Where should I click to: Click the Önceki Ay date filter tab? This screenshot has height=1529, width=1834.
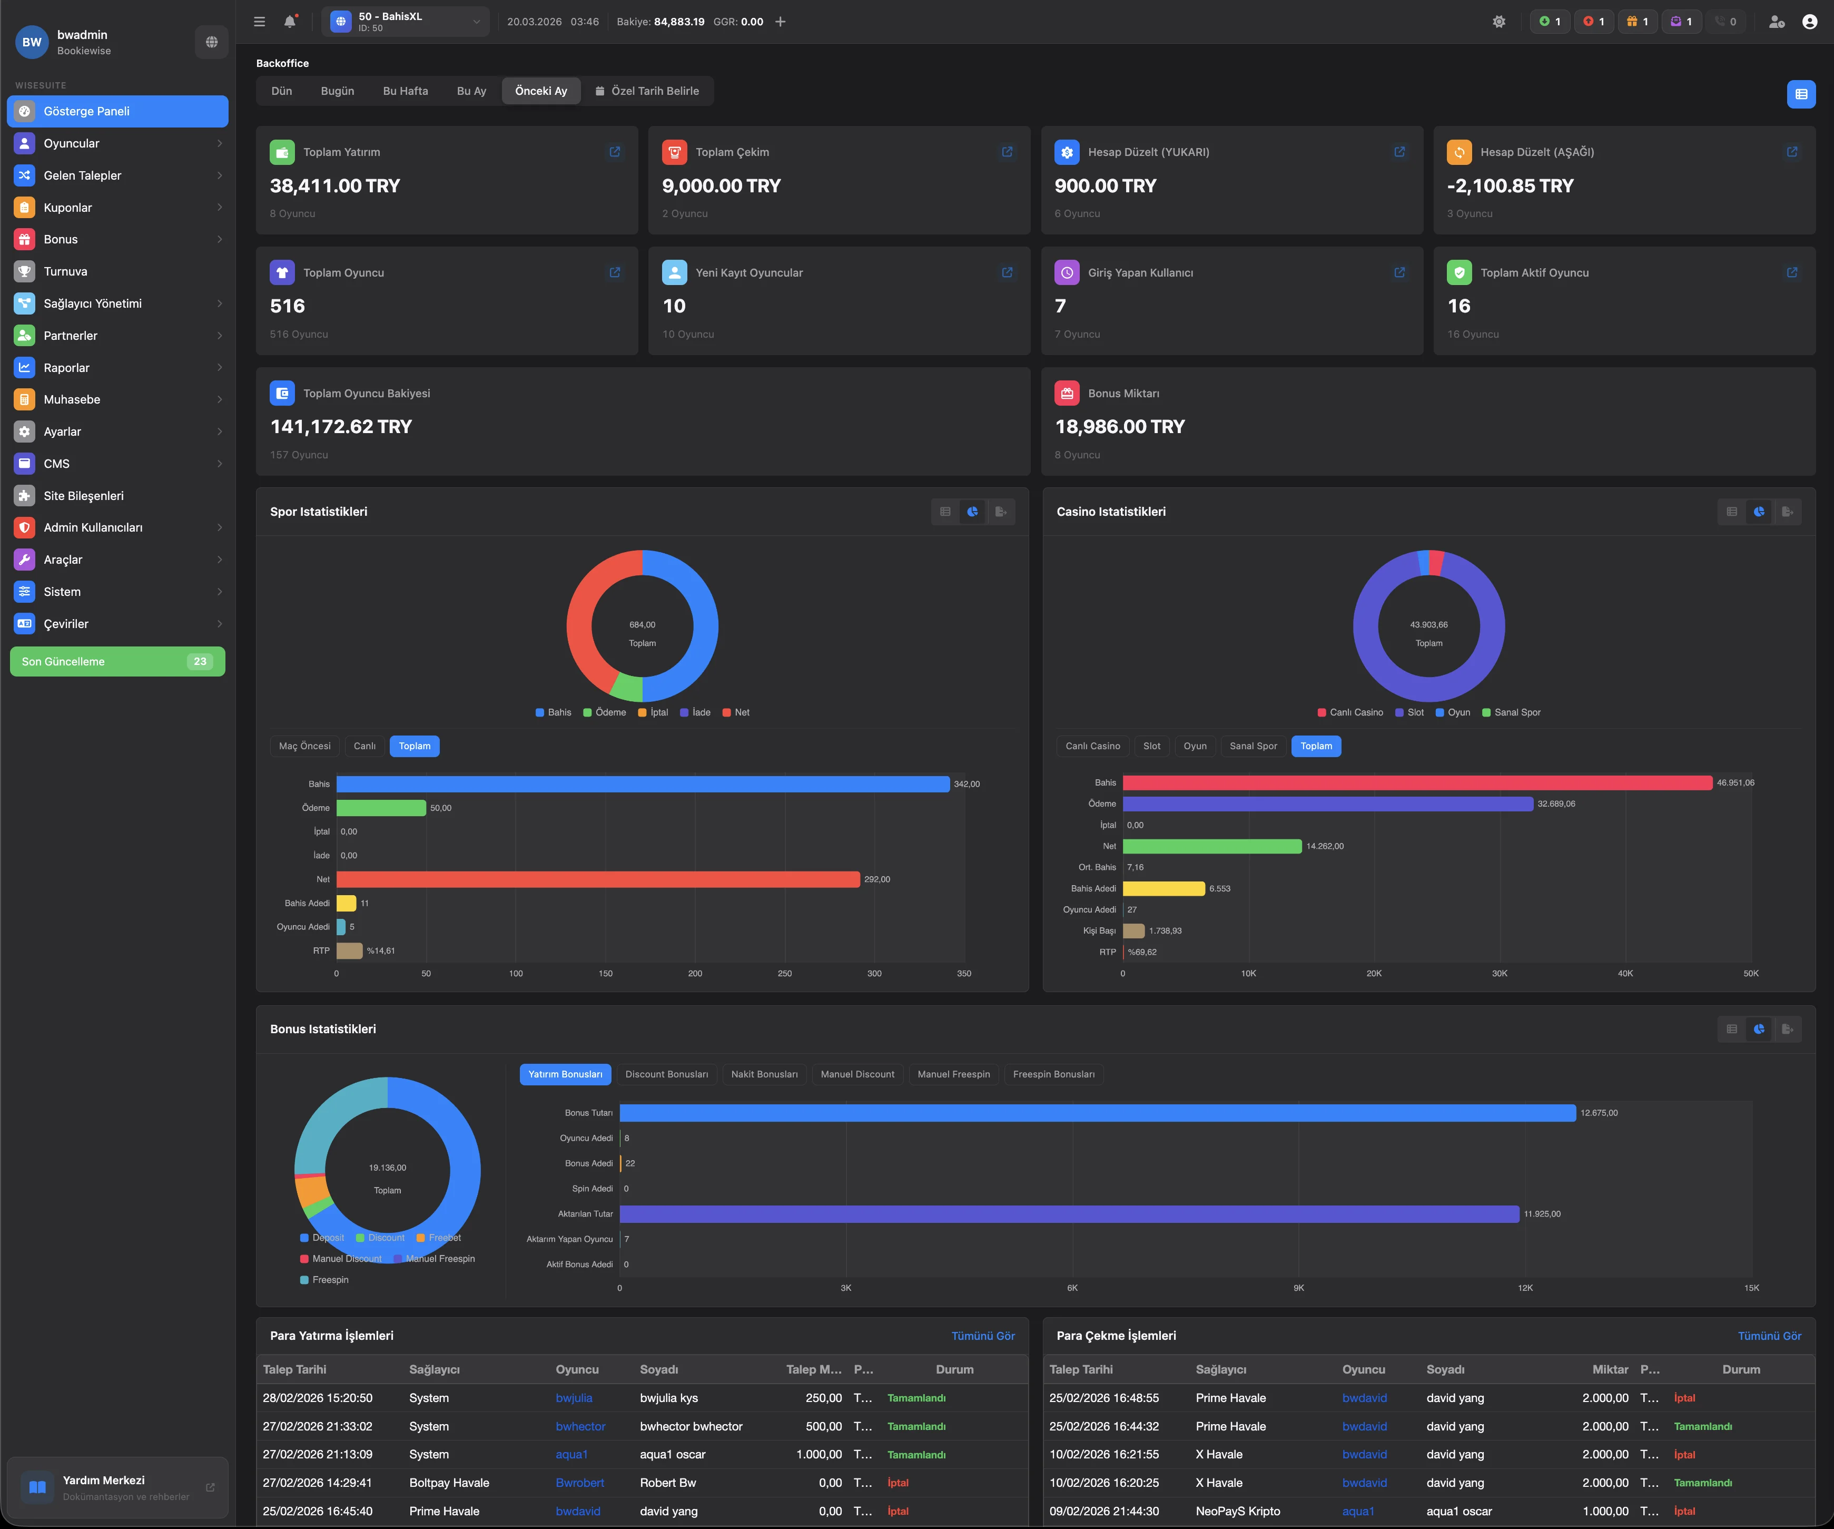[540, 91]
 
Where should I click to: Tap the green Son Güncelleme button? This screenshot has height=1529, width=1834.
[117, 661]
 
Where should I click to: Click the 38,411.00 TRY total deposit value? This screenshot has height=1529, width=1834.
[334, 186]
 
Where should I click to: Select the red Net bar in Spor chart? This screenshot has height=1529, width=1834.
[597, 879]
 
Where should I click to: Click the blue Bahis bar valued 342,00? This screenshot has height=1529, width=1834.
[642, 783]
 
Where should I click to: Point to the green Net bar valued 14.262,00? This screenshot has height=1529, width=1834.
[1211, 846]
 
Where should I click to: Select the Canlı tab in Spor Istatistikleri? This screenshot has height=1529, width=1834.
[364, 746]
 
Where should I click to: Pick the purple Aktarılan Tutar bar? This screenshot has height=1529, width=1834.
[1069, 1213]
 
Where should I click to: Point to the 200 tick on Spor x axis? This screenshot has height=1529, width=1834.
[695, 973]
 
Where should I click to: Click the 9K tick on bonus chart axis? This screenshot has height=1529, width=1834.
[1299, 1288]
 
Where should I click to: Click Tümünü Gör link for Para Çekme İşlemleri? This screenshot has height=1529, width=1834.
[1769, 1336]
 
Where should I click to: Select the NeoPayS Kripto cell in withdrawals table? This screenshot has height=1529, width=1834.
[1238, 1511]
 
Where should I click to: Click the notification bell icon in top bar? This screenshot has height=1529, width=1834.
[290, 22]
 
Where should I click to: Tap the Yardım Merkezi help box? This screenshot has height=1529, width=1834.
[117, 1487]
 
